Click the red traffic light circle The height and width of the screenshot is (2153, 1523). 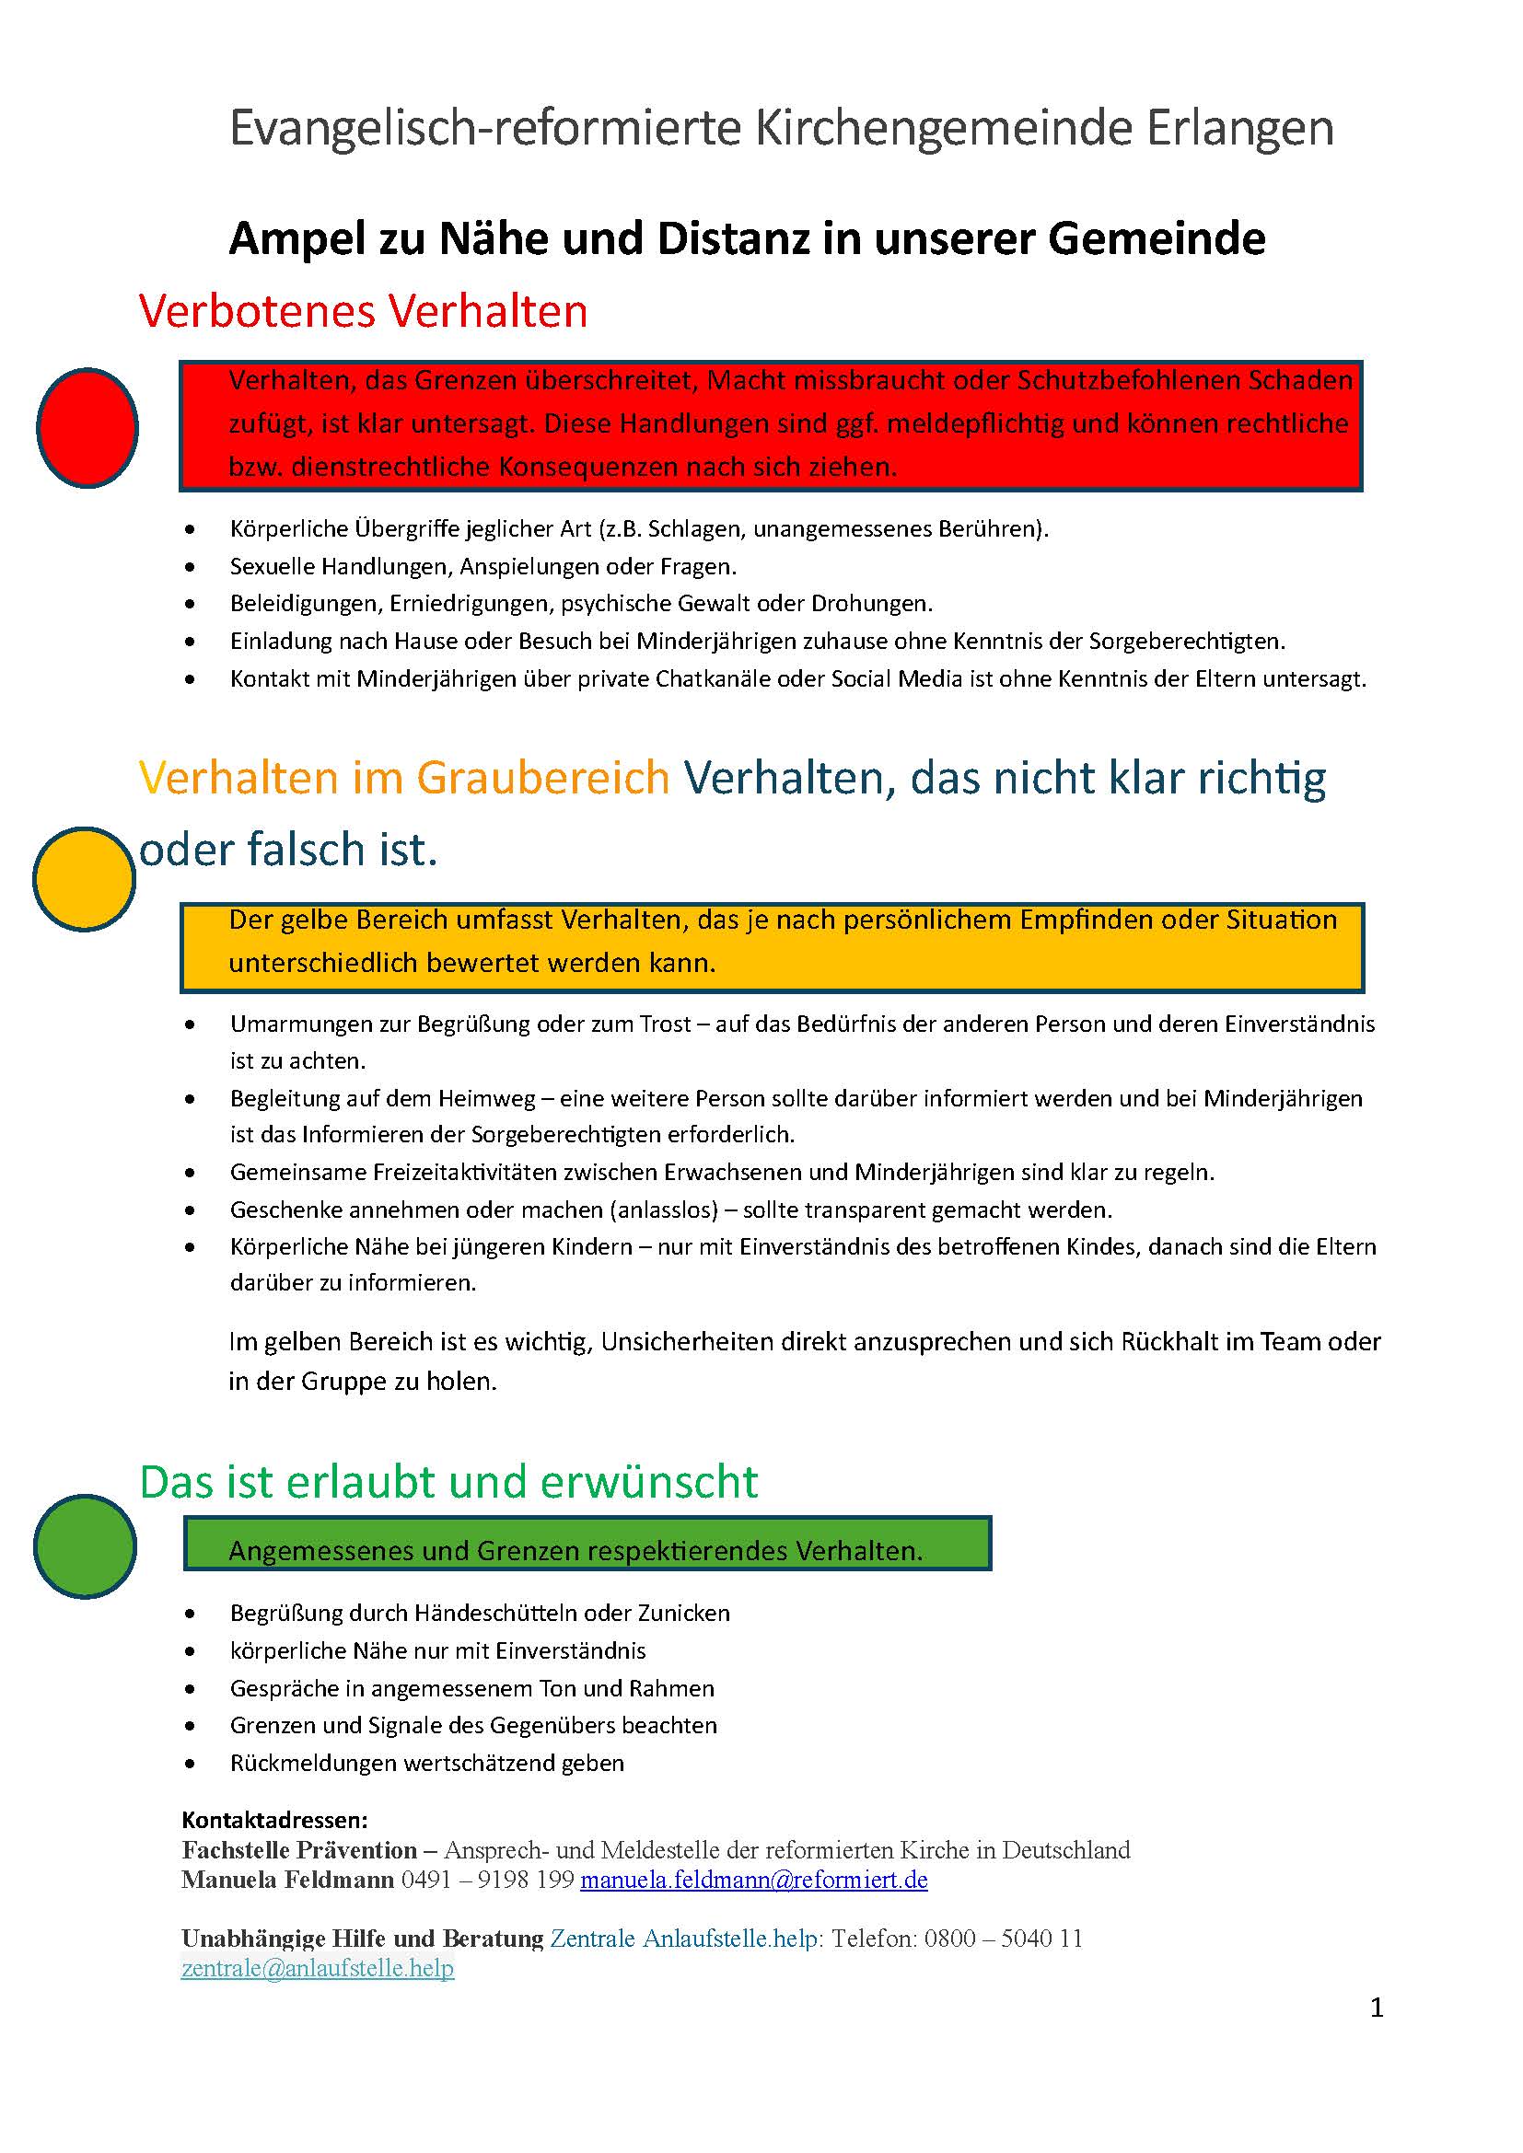(x=87, y=428)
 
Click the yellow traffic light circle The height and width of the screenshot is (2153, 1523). (x=85, y=879)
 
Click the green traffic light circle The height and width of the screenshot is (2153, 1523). (x=85, y=1546)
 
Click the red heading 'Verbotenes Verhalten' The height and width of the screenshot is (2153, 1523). (x=363, y=310)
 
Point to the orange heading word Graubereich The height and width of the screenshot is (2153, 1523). (x=543, y=778)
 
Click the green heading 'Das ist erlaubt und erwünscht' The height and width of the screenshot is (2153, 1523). (x=448, y=1482)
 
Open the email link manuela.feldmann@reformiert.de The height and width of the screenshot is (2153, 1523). (x=754, y=1880)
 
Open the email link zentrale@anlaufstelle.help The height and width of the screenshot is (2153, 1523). (x=318, y=1967)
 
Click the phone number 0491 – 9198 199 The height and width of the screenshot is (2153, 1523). (x=487, y=1880)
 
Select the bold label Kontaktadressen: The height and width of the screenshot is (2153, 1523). (x=274, y=1820)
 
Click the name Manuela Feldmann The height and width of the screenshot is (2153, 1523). (x=288, y=1880)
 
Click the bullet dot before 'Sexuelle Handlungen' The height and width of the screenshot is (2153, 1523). (x=191, y=567)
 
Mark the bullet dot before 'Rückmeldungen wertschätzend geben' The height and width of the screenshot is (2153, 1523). (x=191, y=1764)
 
